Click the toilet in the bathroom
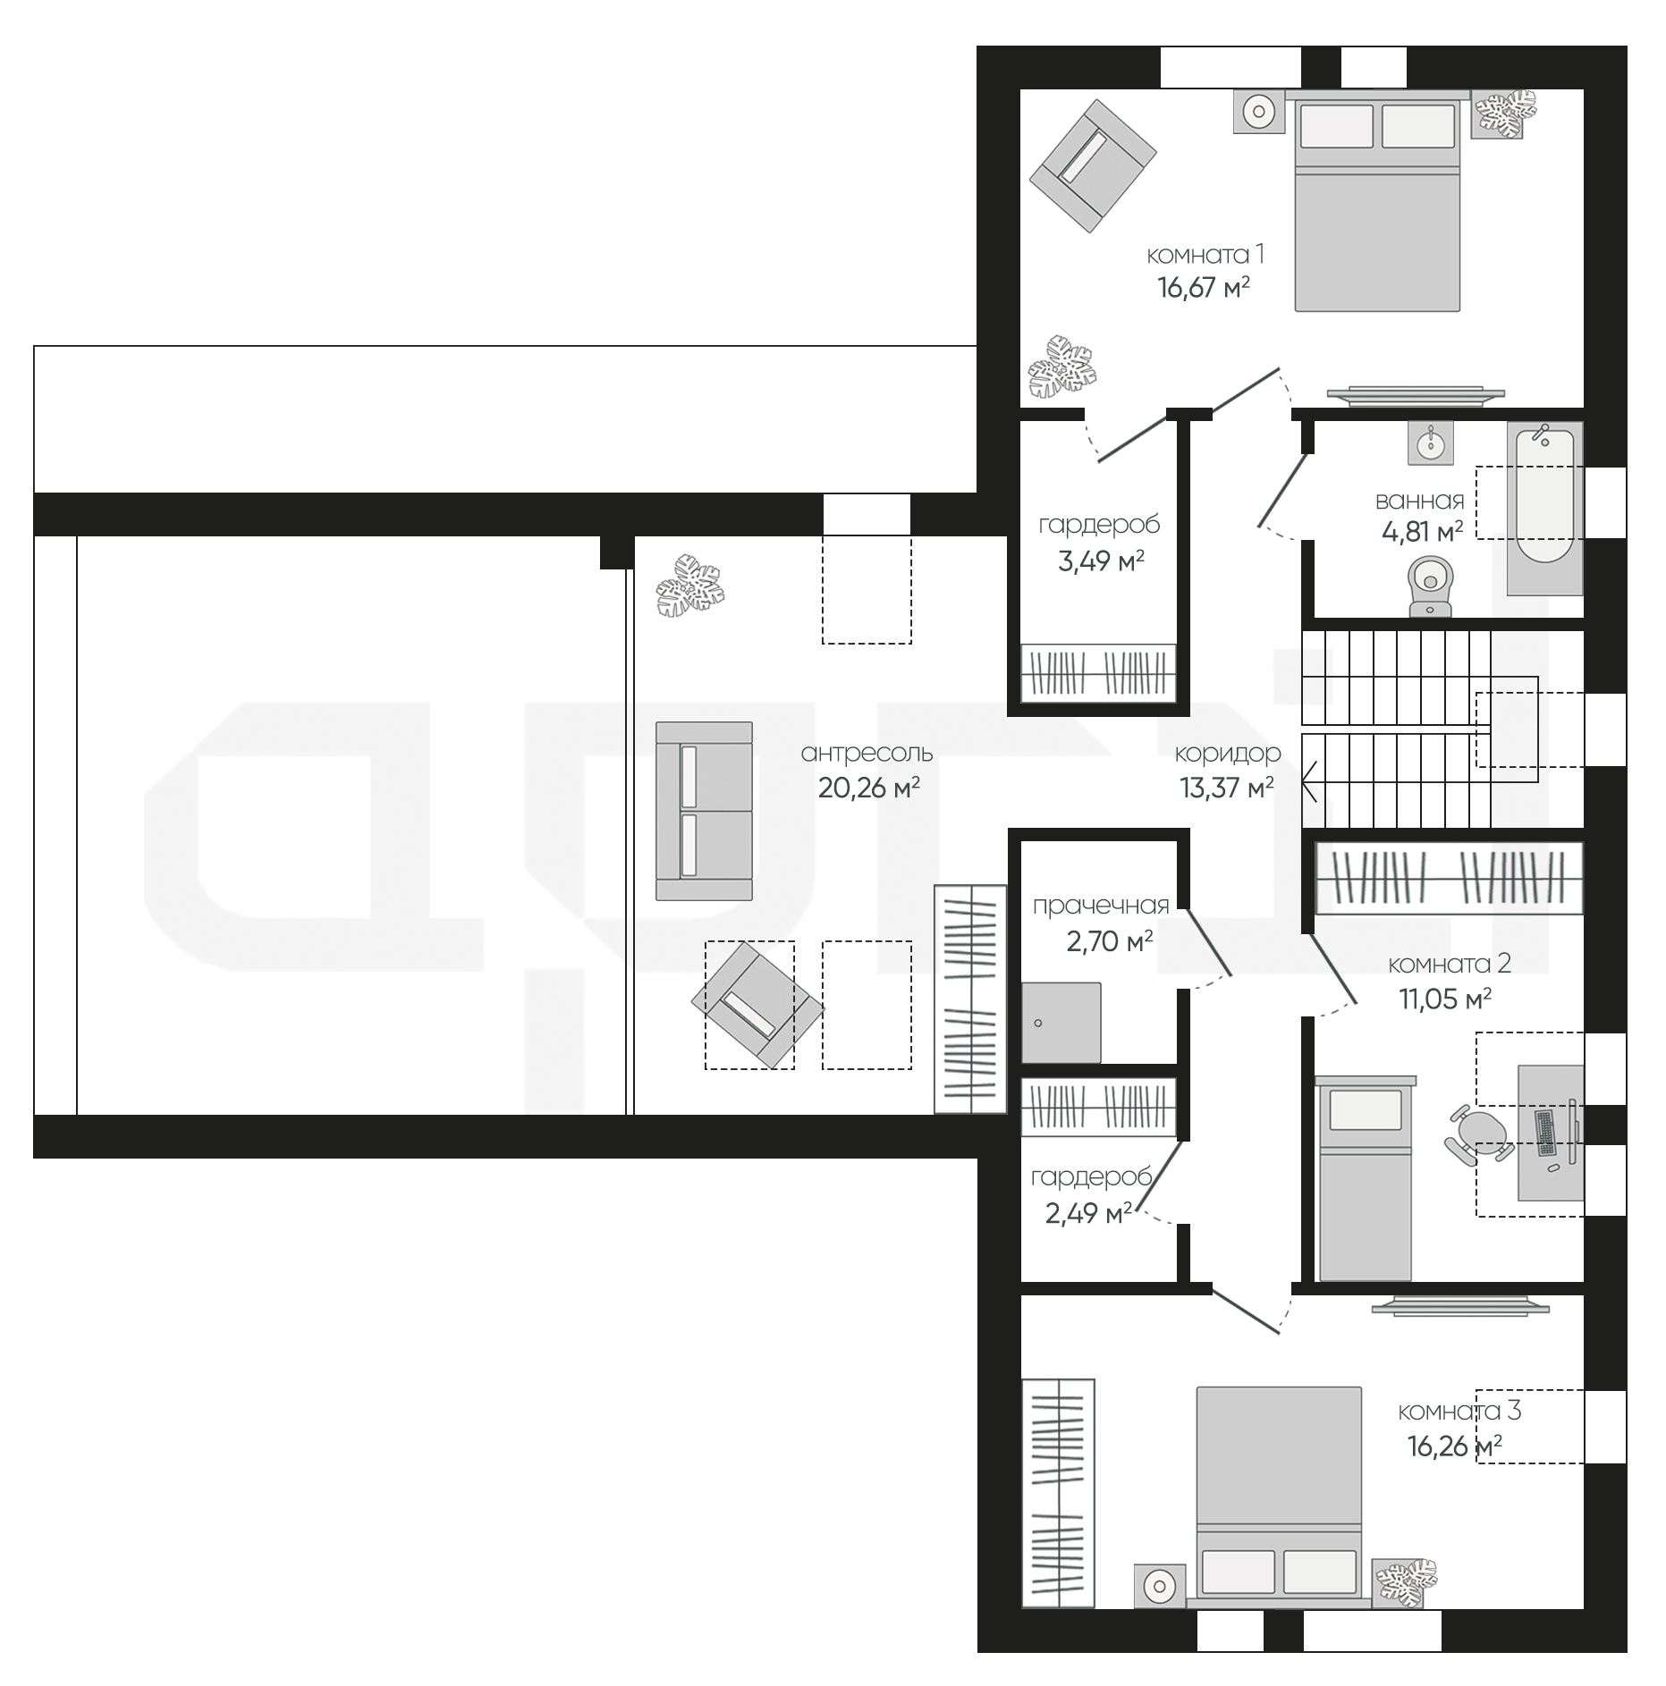click(1430, 586)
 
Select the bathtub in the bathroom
click(1544, 509)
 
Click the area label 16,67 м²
click(1203, 289)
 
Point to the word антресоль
click(867, 753)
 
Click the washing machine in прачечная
click(1061, 1023)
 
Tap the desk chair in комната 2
click(1477, 1134)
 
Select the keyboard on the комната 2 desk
click(1546, 1134)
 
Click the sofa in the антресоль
click(704, 810)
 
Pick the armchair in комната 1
click(1092, 166)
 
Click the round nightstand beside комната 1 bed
click(1259, 112)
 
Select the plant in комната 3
click(1406, 1584)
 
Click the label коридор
click(1228, 754)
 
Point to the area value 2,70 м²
click(1109, 940)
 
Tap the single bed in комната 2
click(1366, 1178)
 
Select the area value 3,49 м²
click(1102, 561)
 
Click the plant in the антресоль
click(689, 586)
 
